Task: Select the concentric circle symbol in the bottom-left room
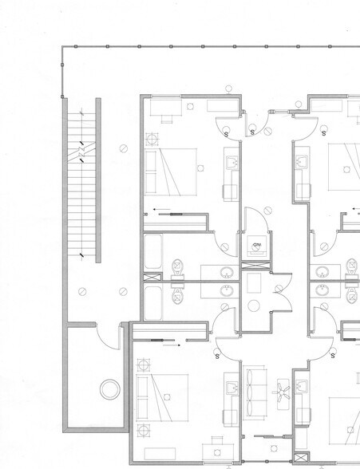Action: [109, 390]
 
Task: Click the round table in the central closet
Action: [255, 305]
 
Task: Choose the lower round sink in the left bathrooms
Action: [227, 290]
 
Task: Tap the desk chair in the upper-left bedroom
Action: [167, 119]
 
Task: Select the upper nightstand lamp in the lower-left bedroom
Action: [144, 366]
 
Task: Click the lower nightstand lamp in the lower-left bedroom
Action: [144, 432]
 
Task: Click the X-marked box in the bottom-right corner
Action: [300, 459]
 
